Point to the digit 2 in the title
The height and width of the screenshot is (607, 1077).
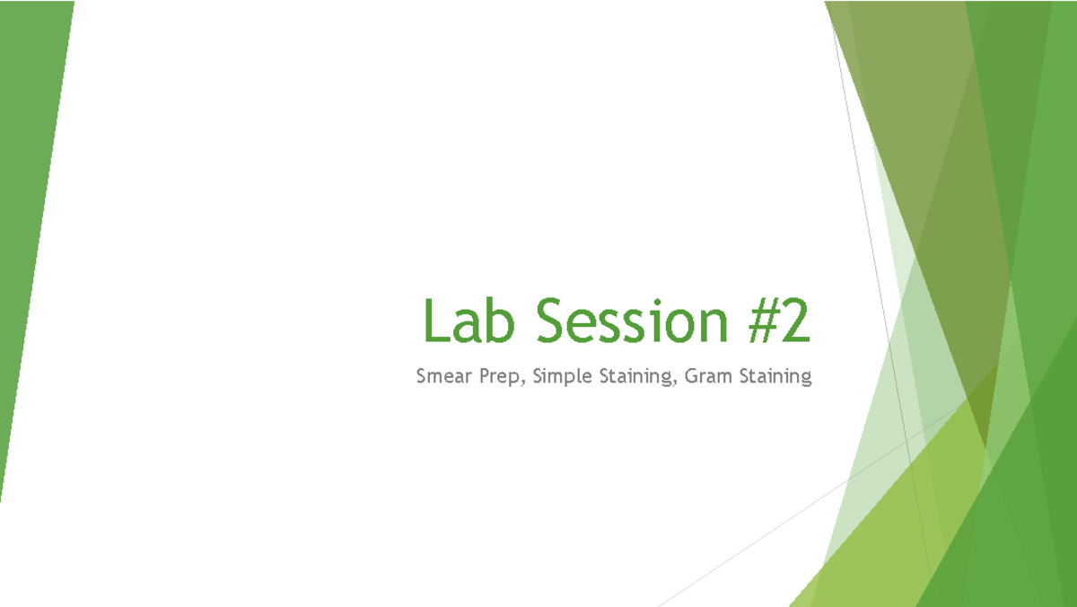[796, 321]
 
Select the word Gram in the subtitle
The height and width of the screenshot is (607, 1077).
[708, 376]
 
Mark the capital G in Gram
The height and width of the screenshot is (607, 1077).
[691, 376]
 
